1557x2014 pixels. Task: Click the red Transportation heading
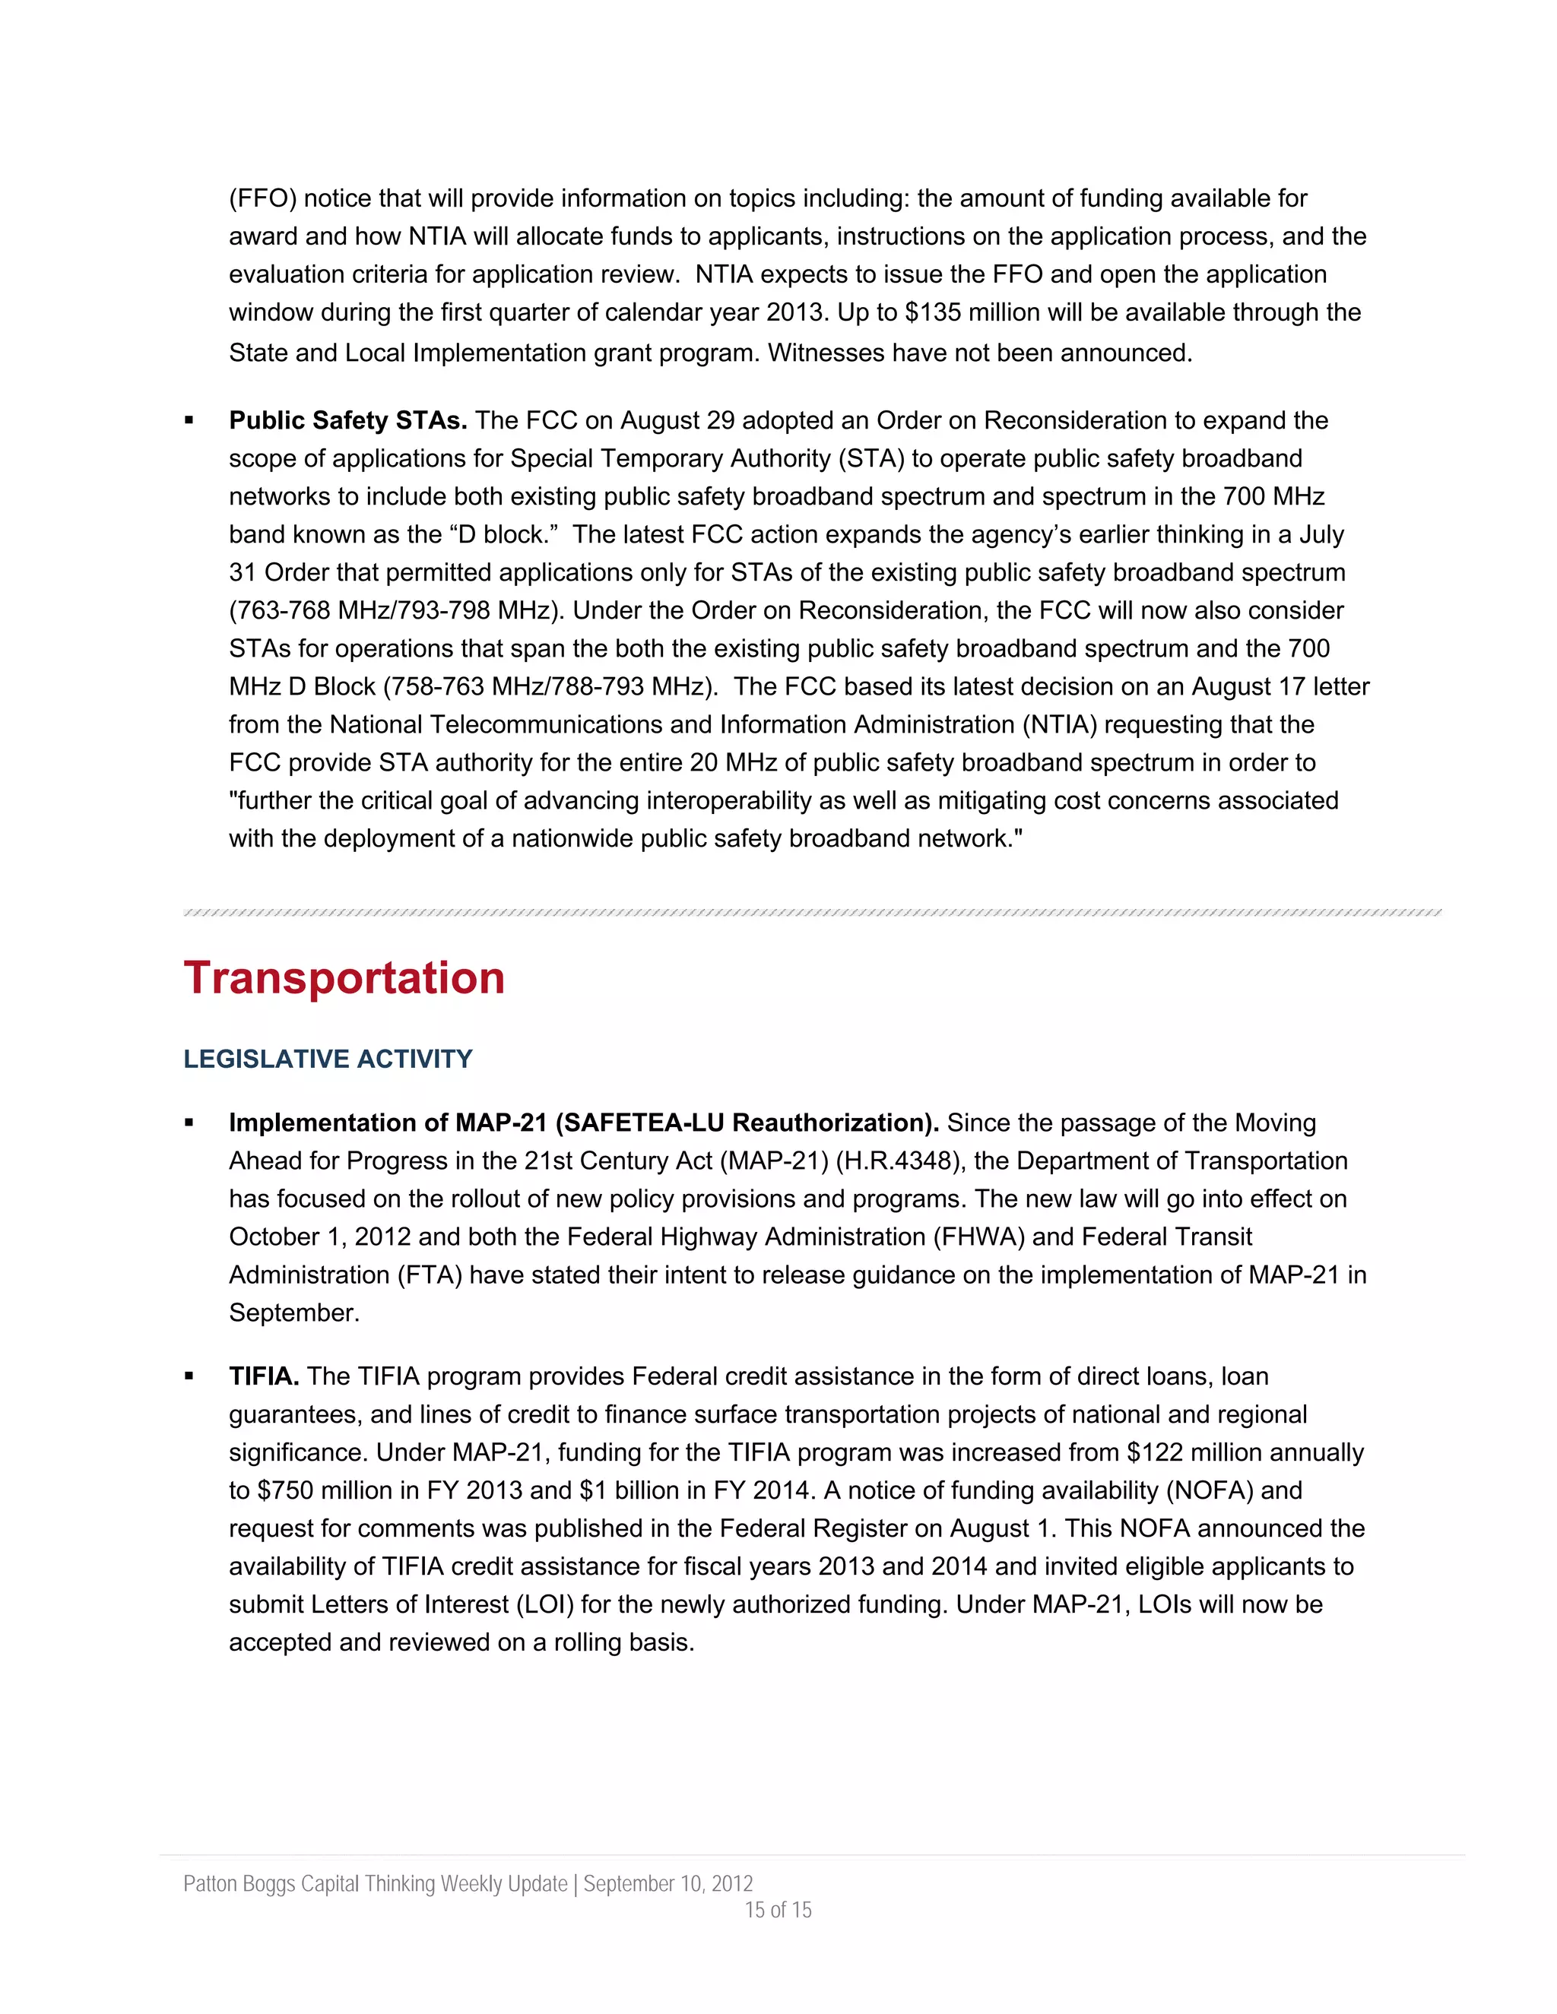[344, 977]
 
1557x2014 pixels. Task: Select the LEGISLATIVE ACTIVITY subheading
[328, 1059]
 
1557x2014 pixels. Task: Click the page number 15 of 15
[778, 1910]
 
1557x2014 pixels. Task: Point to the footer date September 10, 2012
[668, 1883]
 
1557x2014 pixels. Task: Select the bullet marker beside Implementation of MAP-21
[189, 1123]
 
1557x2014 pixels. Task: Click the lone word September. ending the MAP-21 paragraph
[293, 1313]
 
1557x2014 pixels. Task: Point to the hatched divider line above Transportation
[812, 913]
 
